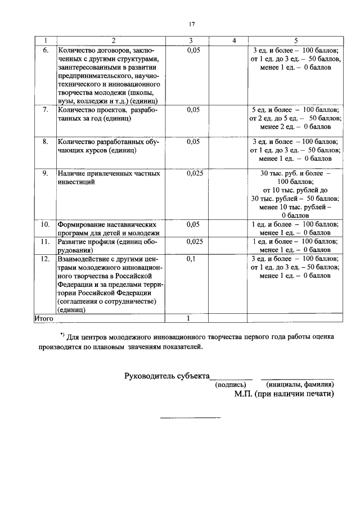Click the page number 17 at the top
[192, 24]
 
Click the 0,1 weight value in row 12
[191, 259]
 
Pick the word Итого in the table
[44, 318]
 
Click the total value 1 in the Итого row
[189, 318]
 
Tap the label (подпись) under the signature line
[231, 385]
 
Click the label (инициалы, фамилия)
[300, 385]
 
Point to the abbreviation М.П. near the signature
[245, 394]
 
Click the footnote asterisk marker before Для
[62, 336]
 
